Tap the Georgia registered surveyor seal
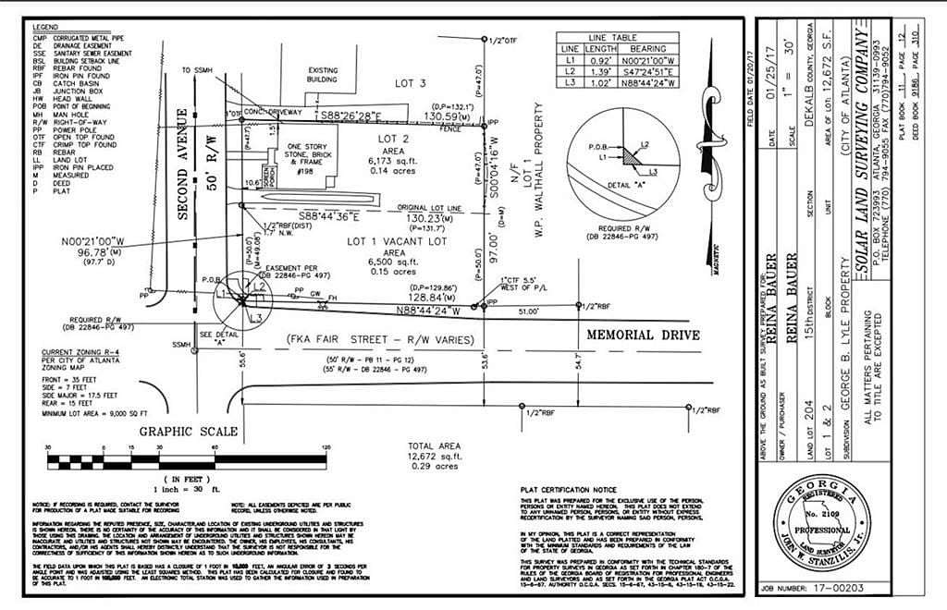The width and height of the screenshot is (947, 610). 817,530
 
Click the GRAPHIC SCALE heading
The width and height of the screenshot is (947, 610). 189,432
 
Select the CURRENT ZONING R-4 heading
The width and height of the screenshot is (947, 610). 80,353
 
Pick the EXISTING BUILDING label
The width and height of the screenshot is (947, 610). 322,75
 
